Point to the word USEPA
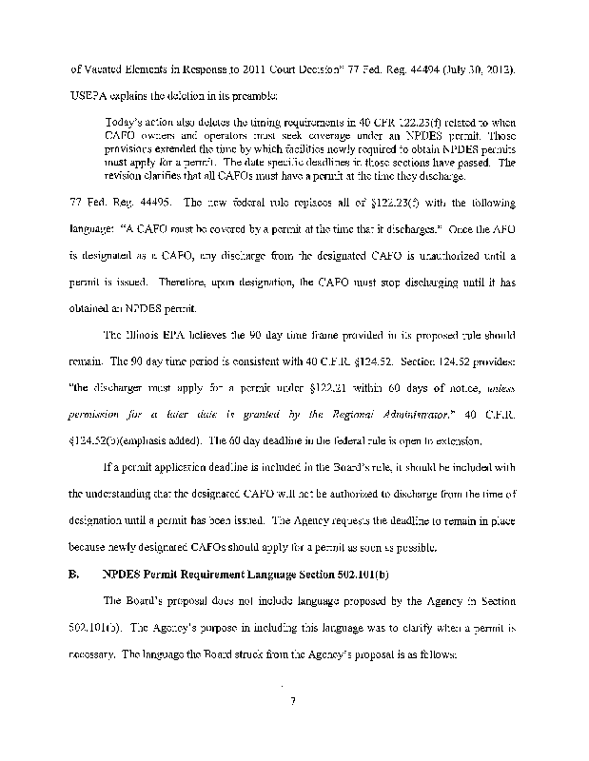[x=92, y=96]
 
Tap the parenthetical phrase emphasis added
[x=162, y=440]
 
